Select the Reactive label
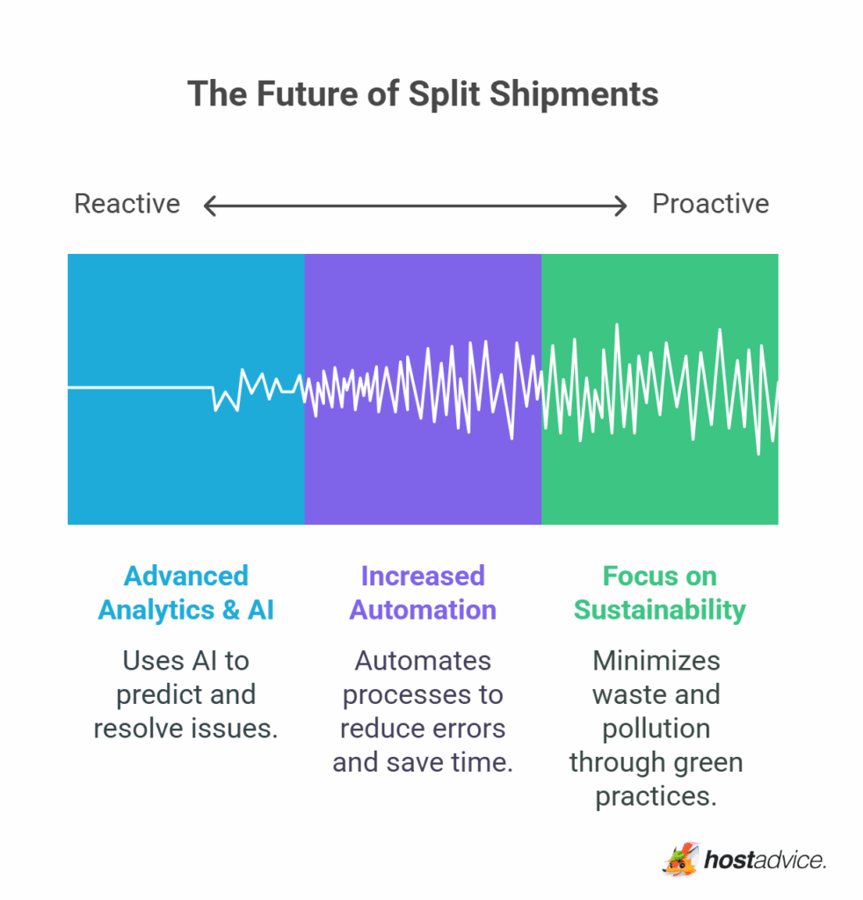point(127,204)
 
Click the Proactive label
point(710,204)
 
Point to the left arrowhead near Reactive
point(208,207)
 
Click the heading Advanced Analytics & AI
point(185,593)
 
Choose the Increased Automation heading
point(423,593)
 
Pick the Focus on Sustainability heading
point(659,593)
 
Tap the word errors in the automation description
point(471,729)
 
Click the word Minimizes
point(656,661)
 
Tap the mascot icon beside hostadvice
point(679,860)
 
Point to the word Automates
point(423,661)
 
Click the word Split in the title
point(441,94)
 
